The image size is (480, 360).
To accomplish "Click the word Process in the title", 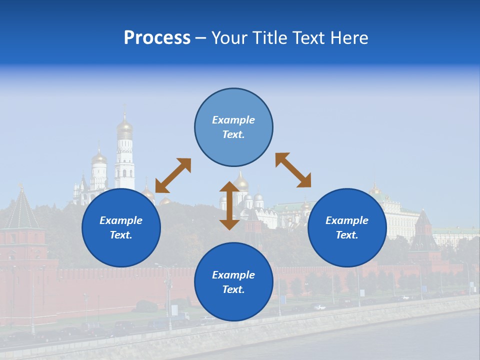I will (157, 38).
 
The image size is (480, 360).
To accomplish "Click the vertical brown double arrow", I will (229, 205).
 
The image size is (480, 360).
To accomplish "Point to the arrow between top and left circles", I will (173, 175).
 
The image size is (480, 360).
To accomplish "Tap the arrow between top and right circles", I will (293, 170).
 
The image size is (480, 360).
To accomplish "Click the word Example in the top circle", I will (233, 120).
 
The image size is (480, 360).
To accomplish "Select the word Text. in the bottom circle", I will (233, 289).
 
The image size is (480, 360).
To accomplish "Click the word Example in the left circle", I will (121, 220).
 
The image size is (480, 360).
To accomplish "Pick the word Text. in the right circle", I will (347, 235).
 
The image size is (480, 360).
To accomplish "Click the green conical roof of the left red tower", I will (21, 210).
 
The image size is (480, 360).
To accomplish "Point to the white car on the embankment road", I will (319, 307).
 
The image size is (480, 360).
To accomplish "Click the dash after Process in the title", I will (200, 38).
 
